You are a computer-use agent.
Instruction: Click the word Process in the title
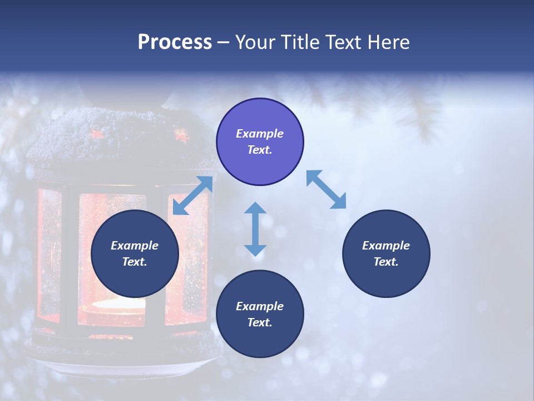(175, 42)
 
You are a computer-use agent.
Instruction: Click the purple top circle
(260, 142)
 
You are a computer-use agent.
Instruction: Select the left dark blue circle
(135, 254)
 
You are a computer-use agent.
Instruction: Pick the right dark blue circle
(386, 254)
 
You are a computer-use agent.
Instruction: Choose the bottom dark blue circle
(260, 314)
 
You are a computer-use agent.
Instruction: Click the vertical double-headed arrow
(255, 229)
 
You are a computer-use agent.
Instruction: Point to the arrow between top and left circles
(192, 195)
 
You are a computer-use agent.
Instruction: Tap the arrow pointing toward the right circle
(327, 190)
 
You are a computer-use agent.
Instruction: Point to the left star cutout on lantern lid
(98, 134)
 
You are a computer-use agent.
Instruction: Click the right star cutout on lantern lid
(180, 135)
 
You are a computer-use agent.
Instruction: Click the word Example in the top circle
(260, 134)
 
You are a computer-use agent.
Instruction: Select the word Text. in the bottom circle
(260, 322)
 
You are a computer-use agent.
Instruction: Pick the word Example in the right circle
(386, 246)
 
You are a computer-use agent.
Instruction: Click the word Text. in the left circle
(135, 262)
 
